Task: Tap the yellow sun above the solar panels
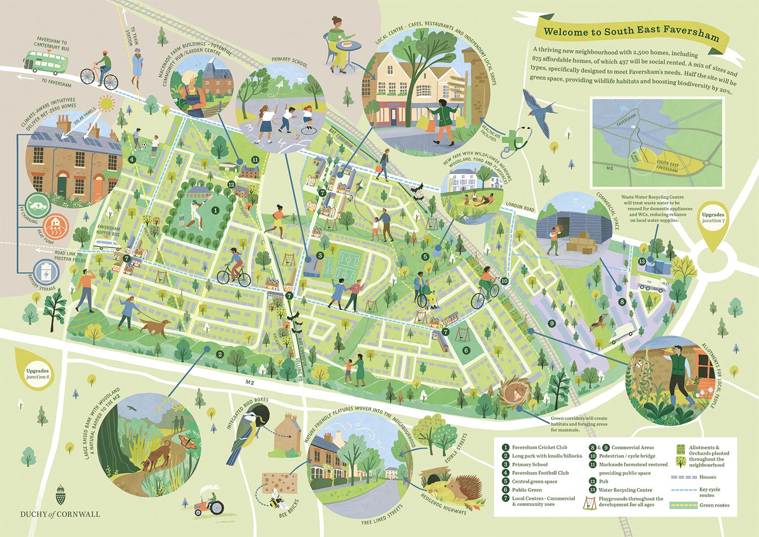coord(106,104)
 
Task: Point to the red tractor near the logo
coord(209,504)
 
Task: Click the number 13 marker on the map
coord(642,261)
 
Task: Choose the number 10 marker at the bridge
coord(504,281)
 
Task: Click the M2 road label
coord(249,383)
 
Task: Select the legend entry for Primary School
coord(529,464)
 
